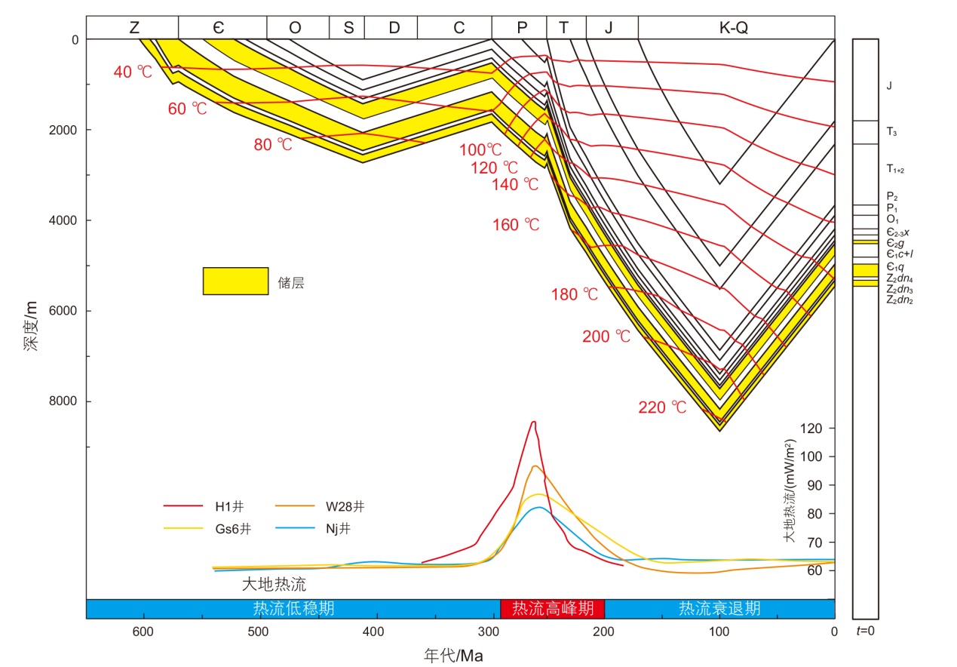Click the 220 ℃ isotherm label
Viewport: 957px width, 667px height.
tap(663, 407)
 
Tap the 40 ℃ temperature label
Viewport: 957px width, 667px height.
tap(133, 72)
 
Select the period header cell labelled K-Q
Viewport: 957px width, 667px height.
tap(736, 28)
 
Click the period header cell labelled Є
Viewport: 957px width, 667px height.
tap(222, 28)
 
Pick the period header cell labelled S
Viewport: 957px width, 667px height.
tap(348, 28)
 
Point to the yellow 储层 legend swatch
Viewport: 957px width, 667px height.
tap(235, 281)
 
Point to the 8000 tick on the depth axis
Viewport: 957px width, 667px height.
tap(64, 401)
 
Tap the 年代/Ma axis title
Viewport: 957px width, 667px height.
tap(452, 655)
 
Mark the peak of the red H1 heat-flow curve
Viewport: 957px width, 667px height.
tap(533, 422)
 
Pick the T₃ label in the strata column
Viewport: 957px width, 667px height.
tap(891, 132)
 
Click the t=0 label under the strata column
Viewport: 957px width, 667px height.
tap(865, 630)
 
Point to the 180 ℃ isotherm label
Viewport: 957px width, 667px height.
tap(575, 294)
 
